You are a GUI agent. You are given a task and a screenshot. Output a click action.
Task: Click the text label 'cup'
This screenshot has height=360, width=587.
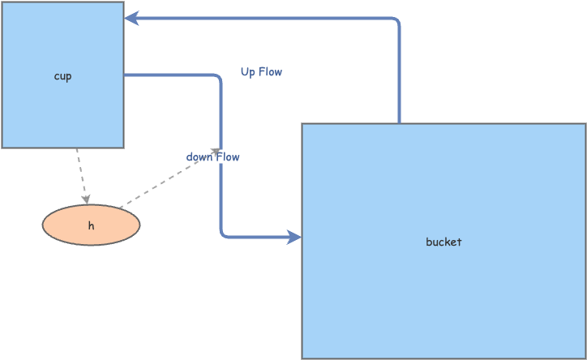point(62,76)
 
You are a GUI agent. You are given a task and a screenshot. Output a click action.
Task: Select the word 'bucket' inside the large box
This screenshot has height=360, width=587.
point(443,242)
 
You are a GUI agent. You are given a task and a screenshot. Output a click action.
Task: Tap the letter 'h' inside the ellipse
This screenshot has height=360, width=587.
point(91,226)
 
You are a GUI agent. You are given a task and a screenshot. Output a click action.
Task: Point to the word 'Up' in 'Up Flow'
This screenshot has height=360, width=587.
point(248,71)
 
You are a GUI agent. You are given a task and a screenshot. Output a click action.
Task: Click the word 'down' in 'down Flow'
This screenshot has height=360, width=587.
point(199,156)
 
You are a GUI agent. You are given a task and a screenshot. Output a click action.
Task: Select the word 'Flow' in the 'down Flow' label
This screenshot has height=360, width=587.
point(228,156)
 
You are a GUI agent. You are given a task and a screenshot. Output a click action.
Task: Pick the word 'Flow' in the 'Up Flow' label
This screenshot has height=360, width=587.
point(271,71)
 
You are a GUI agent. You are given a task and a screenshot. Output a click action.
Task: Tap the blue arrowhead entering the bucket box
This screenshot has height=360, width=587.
point(294,237)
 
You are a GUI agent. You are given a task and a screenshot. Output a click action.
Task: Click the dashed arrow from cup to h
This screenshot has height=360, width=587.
point(81,174)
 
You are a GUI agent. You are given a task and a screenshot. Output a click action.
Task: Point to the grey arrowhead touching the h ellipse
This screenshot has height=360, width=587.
point(85,199)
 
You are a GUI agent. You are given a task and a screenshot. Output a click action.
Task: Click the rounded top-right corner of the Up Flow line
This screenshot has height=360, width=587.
point(396,21)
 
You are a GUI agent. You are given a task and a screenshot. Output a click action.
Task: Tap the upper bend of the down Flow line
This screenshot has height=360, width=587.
point(217,78)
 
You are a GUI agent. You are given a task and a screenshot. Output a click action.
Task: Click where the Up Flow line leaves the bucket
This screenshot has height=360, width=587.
point(399,122)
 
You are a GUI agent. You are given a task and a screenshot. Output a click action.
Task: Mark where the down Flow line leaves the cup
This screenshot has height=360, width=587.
point(126,75)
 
